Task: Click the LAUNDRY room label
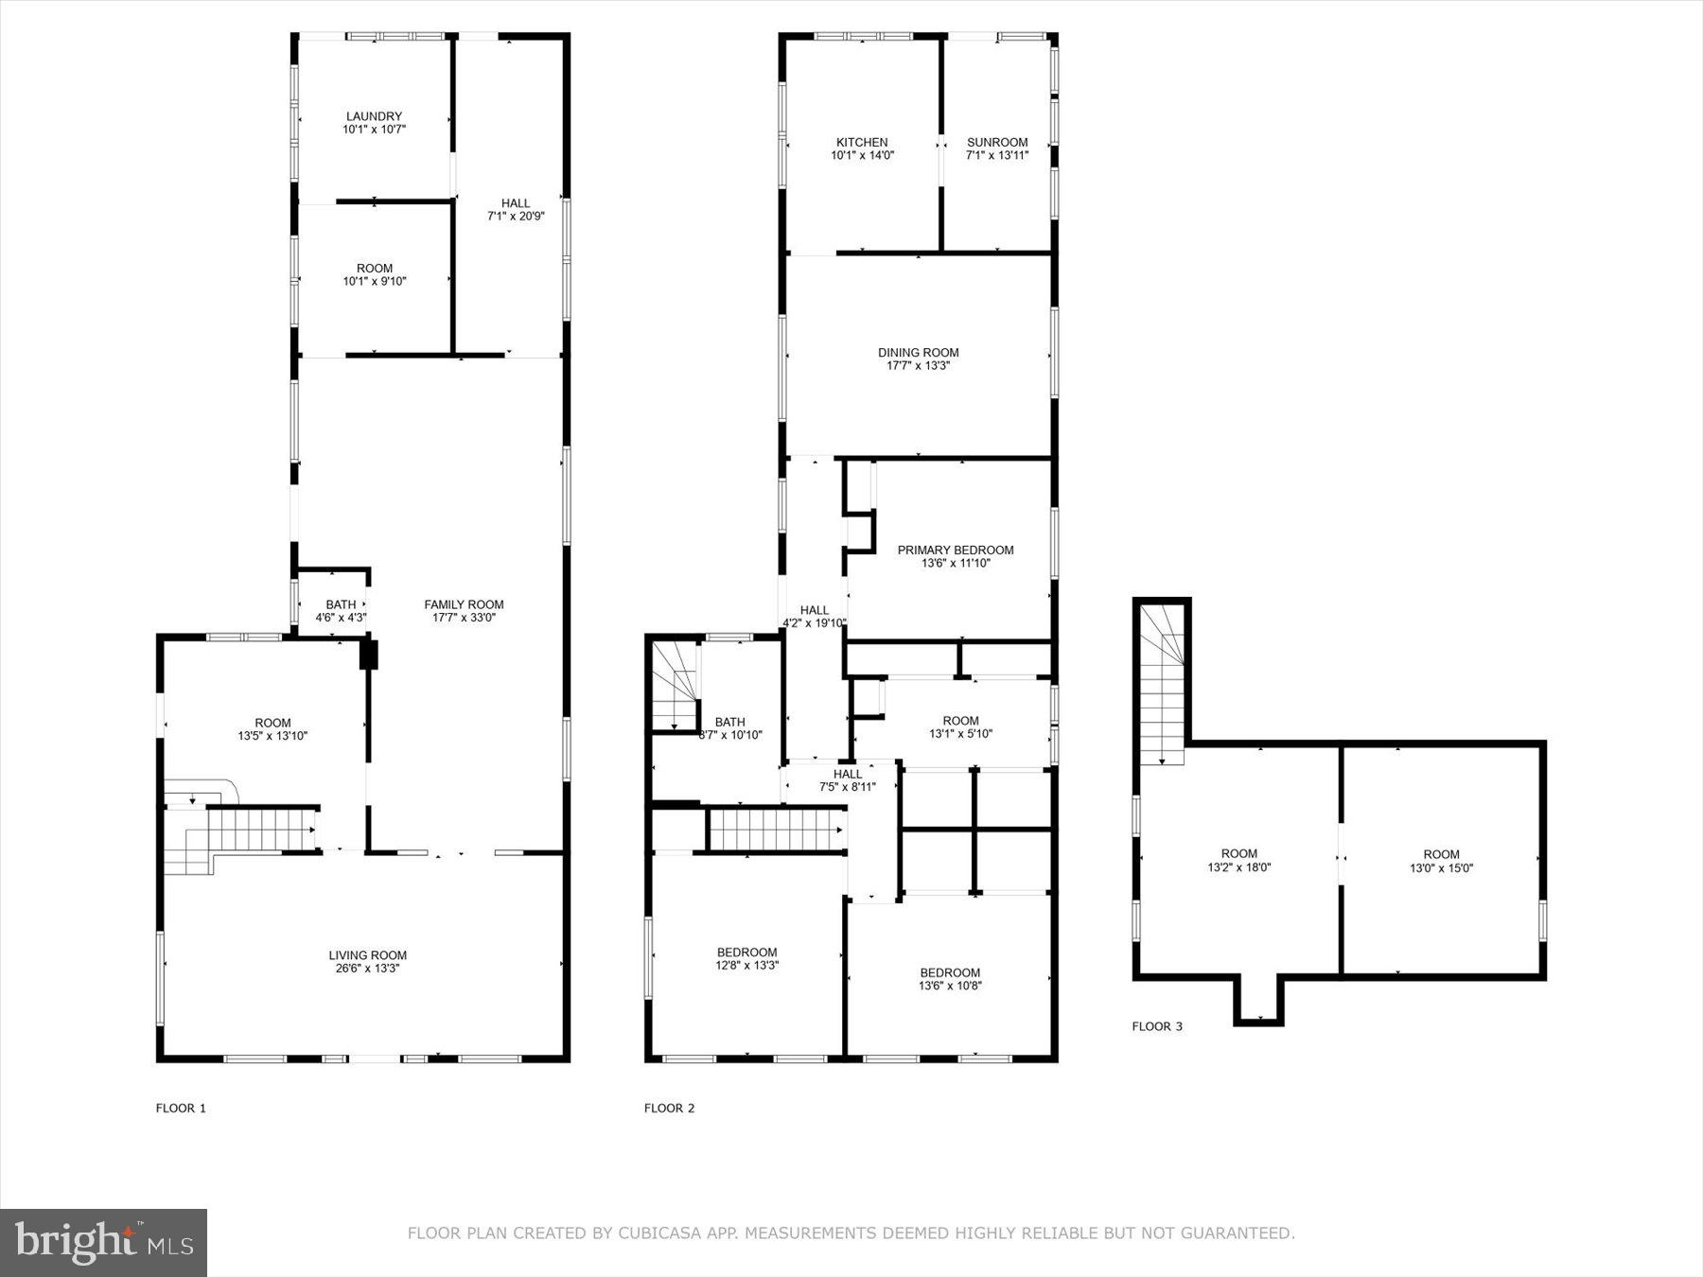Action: tap(374, 117)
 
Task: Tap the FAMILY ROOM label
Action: tap(464, 604)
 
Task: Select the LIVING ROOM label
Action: tap(368, 955)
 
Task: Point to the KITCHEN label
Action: tap(862, 143)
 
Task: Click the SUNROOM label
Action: tap(997, 143)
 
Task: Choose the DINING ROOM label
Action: tap(918, 353)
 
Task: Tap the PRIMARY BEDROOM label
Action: tap(956, 550)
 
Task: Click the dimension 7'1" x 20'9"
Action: tap(516, 216)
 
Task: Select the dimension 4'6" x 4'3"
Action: tap(341, 618)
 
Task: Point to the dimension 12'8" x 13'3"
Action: tap(747, 966)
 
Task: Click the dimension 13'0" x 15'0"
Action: tap(1441, 867)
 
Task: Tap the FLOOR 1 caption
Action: tap(181, 1108)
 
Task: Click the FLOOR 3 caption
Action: tap(1157, 1026)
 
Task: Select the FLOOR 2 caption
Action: tap(670, 1108)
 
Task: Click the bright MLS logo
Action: tap(104, 1241)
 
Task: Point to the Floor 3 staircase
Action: tap(1161, 686)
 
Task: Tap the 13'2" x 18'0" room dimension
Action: tap(1239, 866)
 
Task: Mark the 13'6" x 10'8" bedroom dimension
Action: tap(950, 986)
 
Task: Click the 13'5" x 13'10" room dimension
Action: tap(272, 735)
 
